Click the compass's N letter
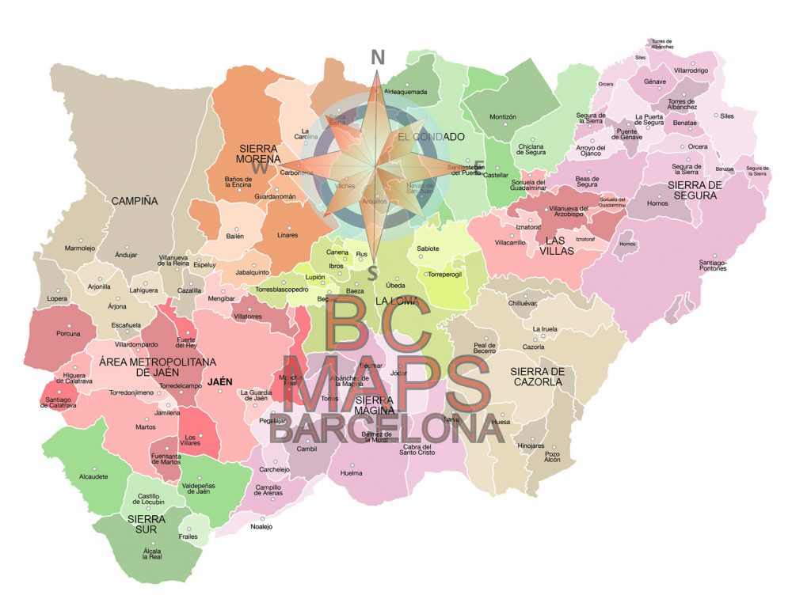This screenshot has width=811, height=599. (378, 57)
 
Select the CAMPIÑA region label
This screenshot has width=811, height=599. (134, 201)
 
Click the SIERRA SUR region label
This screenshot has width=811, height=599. (147, 525)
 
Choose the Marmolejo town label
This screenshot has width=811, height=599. (79, 248)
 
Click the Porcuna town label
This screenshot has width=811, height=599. (68, 333)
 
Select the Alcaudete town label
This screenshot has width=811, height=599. (93, 476)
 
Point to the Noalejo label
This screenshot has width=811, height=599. (261, 527)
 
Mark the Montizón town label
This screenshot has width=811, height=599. (503, 117)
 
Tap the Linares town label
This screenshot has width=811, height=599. (287, 236)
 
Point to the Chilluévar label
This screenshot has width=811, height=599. (522, 303)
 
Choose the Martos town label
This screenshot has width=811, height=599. (146, 427)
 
